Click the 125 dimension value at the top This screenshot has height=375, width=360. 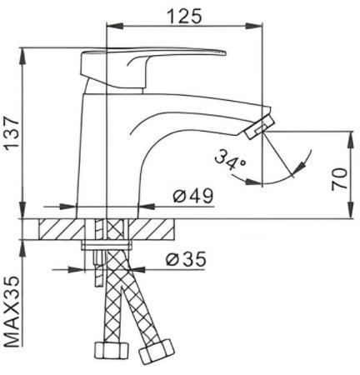[183, 15]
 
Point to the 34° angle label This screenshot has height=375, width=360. [229, 157]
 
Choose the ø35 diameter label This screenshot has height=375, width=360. [184, 259]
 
